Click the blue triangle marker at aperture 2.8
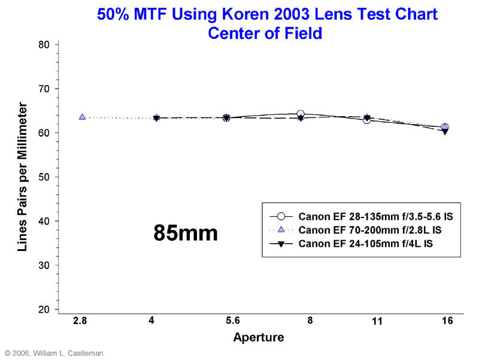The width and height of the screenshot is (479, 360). click(x=82, y=117)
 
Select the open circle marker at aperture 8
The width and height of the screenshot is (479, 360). click(x=301, y=114)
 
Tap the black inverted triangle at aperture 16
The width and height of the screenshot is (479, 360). click(x=445, y=131)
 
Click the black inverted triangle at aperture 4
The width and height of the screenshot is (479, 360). click(x=156, y=118)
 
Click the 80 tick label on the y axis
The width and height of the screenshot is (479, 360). click(x=44, y=44)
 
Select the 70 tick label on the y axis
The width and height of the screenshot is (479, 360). click(x=44, y=89)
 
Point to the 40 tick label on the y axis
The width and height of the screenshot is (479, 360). click(x=44, y=221)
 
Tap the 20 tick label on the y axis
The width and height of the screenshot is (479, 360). click(x=44, y=309)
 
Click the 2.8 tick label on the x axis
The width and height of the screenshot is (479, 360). click(x=80, y=321)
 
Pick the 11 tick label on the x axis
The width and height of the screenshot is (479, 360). click(x=377, y=322)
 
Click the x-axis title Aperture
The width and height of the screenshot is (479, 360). click(x=258, y=337)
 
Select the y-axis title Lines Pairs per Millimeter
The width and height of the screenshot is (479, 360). click(x=22, y=177)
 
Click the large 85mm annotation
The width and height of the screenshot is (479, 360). click(x=186, y=233)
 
